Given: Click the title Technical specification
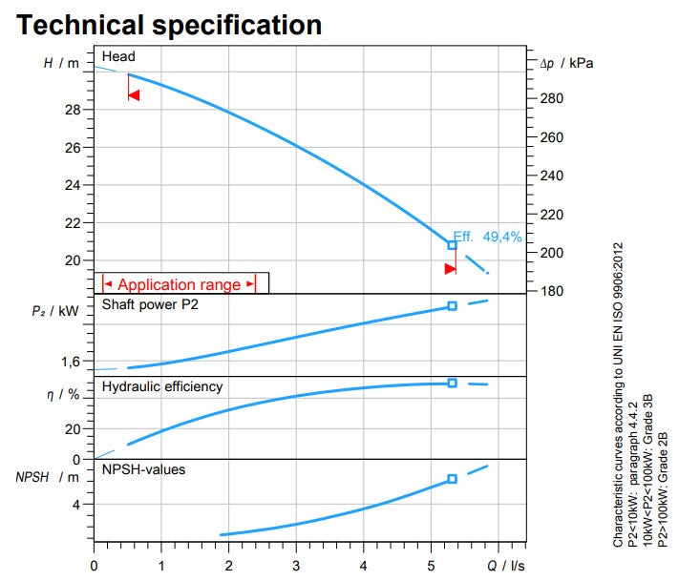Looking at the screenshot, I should [169, 24].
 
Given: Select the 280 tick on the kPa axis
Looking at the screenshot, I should [552, 99].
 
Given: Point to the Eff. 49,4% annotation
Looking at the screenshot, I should [488, 237].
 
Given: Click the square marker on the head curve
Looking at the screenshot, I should [453, 245].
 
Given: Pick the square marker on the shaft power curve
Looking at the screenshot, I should [453, 306].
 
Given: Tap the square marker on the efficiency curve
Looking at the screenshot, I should [453, 383].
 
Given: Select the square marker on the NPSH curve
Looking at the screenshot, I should [453, 479].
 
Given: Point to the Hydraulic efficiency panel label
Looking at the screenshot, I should [162, 386].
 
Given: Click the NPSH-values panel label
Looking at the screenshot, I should [143, 469].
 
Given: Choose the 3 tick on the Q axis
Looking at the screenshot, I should [297, 566].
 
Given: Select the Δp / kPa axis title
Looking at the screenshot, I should [567, 64].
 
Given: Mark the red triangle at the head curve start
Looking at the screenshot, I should [134, 95].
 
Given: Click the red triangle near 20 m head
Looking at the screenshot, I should [451, 269].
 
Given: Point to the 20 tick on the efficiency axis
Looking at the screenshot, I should [74, 429].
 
